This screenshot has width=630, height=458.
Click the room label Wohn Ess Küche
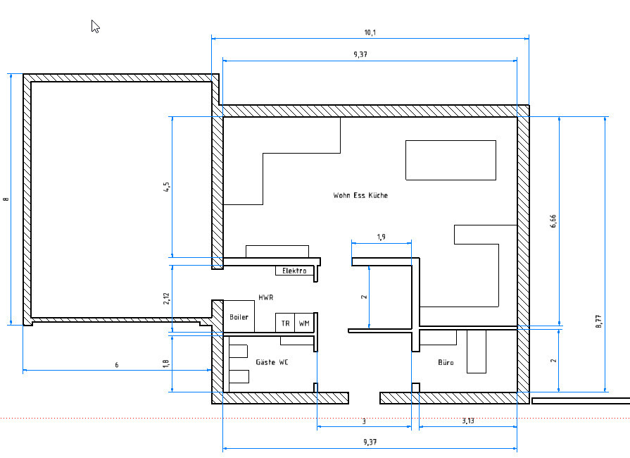360,195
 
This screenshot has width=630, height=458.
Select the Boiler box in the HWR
239,316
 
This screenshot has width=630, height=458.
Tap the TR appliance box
285,323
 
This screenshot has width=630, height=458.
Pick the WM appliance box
304,323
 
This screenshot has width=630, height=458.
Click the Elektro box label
294,271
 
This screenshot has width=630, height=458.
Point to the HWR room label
266,297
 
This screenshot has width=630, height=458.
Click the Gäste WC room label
272,362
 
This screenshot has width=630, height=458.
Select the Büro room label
446,362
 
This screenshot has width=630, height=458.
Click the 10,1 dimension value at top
370,32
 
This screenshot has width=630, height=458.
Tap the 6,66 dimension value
553,221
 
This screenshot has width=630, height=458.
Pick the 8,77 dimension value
598,321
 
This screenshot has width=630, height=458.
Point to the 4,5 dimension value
166,187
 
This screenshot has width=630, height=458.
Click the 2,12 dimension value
166,298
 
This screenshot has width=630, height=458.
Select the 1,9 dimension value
382,237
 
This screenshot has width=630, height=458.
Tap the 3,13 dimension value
468,421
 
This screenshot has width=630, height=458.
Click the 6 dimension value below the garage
117,365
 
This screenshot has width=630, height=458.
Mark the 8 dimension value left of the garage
6,199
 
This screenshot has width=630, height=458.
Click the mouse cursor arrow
95,27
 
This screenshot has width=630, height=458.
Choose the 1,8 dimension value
165,364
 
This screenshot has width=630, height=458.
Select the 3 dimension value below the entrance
364,421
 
